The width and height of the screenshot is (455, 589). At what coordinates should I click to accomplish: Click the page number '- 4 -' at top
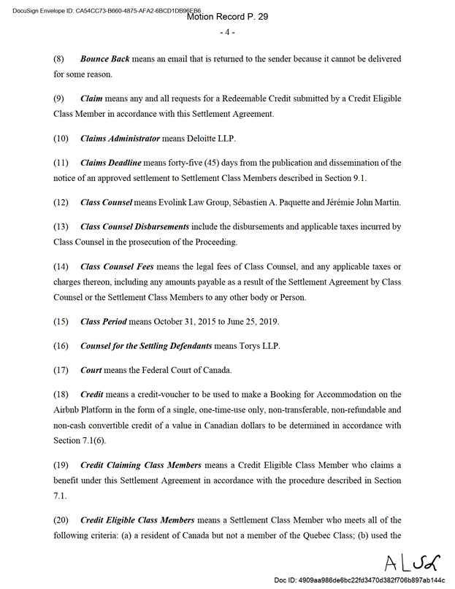[x=226, y=32]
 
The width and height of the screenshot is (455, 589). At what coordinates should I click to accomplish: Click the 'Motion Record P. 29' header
[x=227, y=16]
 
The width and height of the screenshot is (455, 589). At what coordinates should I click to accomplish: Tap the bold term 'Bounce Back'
[x=105, y=58]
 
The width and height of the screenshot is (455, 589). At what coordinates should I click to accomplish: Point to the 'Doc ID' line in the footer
[x=359, y=580]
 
